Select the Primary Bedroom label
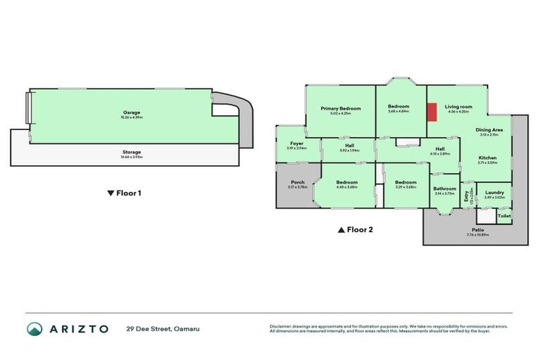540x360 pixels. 340,108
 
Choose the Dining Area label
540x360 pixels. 488,130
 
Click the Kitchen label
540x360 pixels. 488,157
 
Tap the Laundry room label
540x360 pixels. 494,192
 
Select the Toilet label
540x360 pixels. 503,216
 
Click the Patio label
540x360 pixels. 477,229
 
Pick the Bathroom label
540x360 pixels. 444,188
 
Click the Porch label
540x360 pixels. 297,182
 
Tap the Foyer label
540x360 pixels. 297,143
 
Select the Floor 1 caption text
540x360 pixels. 127,193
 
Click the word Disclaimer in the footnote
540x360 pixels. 282,326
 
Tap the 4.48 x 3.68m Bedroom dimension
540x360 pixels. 347,187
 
